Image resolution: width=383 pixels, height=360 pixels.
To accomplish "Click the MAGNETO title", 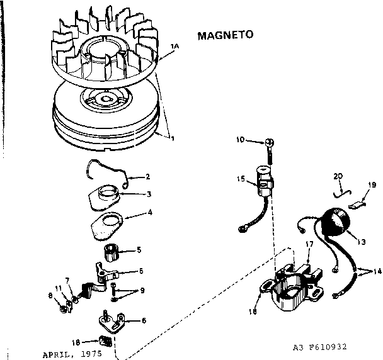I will point(225,35).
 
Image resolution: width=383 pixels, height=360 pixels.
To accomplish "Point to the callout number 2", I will point(147,176).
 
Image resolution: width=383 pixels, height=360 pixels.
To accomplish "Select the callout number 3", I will point(149,194).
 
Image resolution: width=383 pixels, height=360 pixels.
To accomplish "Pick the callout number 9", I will point(142,291).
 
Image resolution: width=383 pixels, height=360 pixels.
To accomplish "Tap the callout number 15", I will point(241,179).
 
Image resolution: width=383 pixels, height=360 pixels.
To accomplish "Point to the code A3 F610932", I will point(320,347).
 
